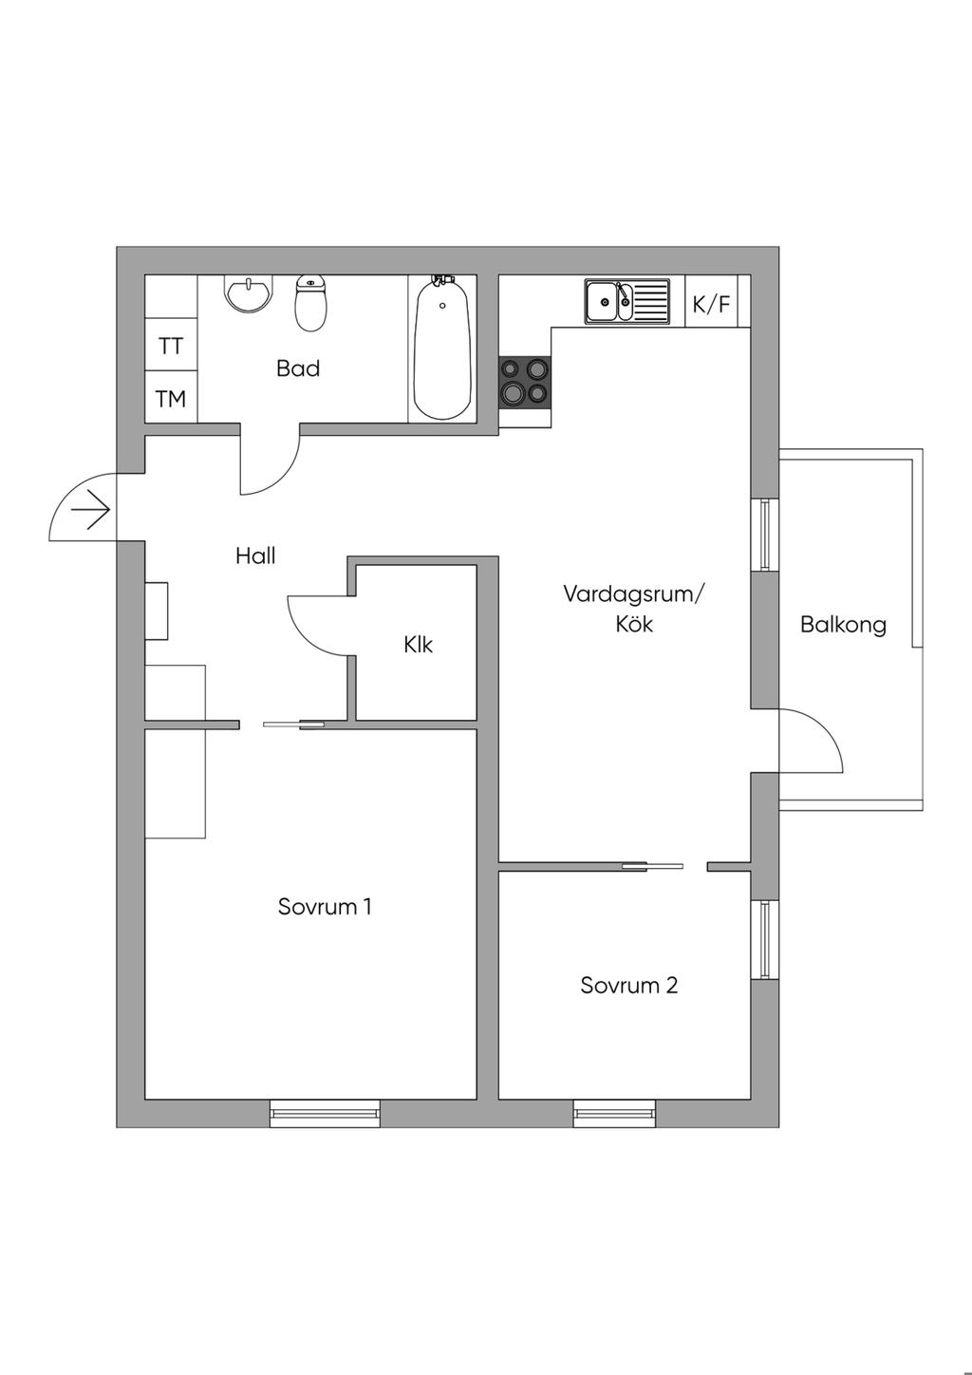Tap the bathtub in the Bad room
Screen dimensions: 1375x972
click(x=441, y=348)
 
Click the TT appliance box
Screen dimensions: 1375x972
click(x=171, y=347)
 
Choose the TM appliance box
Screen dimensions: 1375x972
click(x=171, y=399)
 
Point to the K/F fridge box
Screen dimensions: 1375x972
click(x=712, y=304)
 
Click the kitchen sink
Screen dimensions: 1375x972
click(x=626, y=302)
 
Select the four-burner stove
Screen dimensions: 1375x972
click(x=525, y=380)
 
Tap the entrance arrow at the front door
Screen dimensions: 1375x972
click(x=91, y=511)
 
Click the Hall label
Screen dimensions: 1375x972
click(x=255, y=556)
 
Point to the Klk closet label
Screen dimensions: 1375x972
click(x=418, y=645)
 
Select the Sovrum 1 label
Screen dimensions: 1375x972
click(x=325, y=906)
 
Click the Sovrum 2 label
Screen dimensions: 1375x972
click(x=628, y=985)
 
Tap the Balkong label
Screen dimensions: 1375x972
click(x=843, y=624)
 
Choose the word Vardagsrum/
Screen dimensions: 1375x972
click(x=634, y=594)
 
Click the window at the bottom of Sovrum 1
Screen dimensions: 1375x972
click(x=325, y=1113)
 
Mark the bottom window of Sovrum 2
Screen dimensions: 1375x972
click(x=614, y=1113)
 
